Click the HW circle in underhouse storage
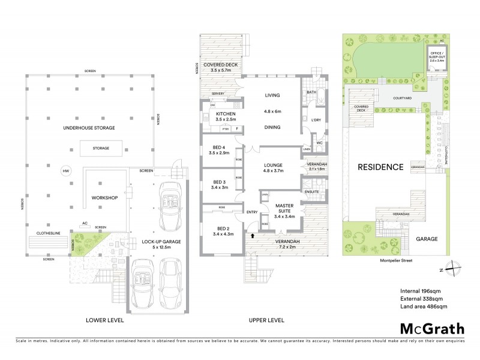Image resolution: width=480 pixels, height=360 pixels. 66,171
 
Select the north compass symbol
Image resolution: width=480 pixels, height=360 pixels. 454,269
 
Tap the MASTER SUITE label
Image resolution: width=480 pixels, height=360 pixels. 284,209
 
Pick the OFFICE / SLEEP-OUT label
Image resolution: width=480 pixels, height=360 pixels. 436,55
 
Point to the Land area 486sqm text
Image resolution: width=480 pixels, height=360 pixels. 424,307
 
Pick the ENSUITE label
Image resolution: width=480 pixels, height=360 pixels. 312,191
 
